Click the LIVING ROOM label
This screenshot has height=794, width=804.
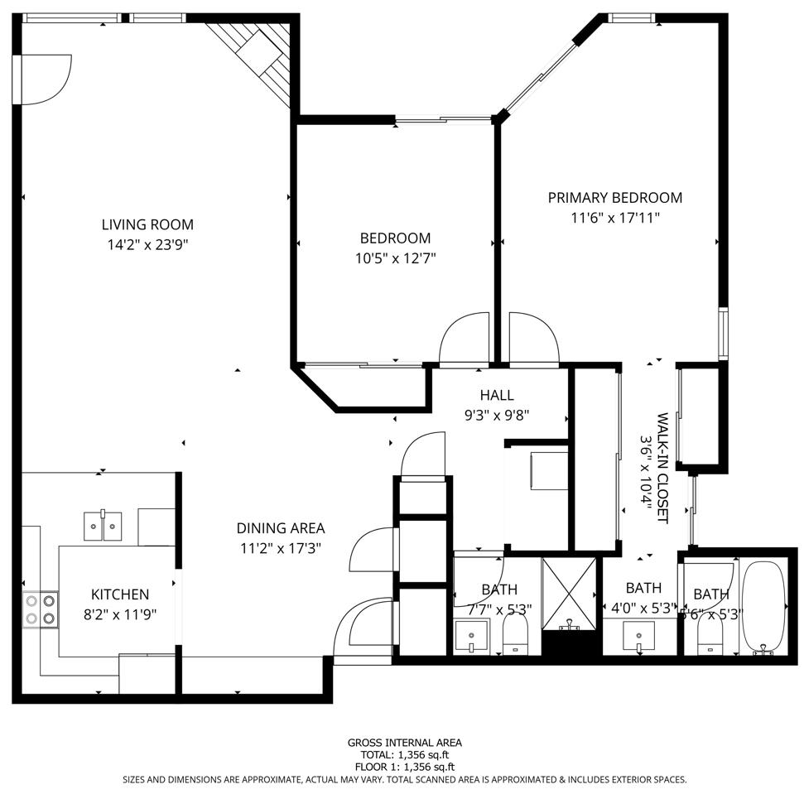(x=147, y=224)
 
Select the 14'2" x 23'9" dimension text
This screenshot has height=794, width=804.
(x=147, y=244)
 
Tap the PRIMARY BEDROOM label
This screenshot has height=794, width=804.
(x=614, y=198)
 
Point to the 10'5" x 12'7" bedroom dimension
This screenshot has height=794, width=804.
(x=395, y=258)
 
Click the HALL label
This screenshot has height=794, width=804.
(x=496, y=396)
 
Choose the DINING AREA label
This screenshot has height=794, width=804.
(x=280, y=528)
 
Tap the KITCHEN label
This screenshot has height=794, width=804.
(x=120, y=594)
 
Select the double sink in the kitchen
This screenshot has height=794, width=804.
(x=103, y=526)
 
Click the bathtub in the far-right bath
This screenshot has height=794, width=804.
(x=763, y=607)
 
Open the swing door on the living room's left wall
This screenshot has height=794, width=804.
(x=41, y=80)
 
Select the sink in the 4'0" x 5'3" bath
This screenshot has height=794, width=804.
(x=638, y=638)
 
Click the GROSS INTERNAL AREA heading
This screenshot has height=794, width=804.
(x=404, y=743)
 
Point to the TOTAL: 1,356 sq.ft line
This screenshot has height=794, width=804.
(x=404, y=755)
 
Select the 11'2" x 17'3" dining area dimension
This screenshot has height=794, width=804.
(x=280, y=548)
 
